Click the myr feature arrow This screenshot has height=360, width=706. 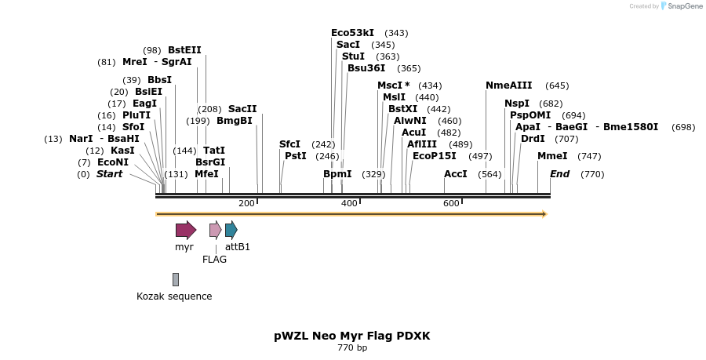click(x=186, y=230)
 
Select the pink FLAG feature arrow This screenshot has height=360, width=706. click(x=215, y=230)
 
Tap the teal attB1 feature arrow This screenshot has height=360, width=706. click(x=231, y=230)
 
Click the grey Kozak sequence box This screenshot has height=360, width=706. click(x=176, y=279)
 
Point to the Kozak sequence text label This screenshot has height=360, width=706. click(x=174, y=296)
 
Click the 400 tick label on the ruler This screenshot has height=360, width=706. click(x=349, y=203)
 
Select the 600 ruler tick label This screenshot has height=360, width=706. click(x=451, y=203)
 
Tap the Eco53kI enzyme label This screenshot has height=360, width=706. click(x=352, y=33)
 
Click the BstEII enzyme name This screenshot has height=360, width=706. click(x=184, y=50)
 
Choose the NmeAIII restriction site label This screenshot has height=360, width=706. click(x=508, y=85)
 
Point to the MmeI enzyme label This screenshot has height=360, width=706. click(x=552, y=156)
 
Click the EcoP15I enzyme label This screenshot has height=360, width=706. click(x=434, y=156)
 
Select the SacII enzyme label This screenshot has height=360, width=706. click(x=242, y=109)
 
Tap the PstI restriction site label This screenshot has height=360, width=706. click(x=295, y=156)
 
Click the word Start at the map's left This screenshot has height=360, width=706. click(x=109, y=174)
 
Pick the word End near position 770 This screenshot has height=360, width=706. click(x=559, y=174)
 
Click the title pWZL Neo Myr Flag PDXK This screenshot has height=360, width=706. click(x=352, y=336)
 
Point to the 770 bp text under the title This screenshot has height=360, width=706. click(x=352, y=347)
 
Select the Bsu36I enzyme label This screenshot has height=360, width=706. click(x=366, y=68)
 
